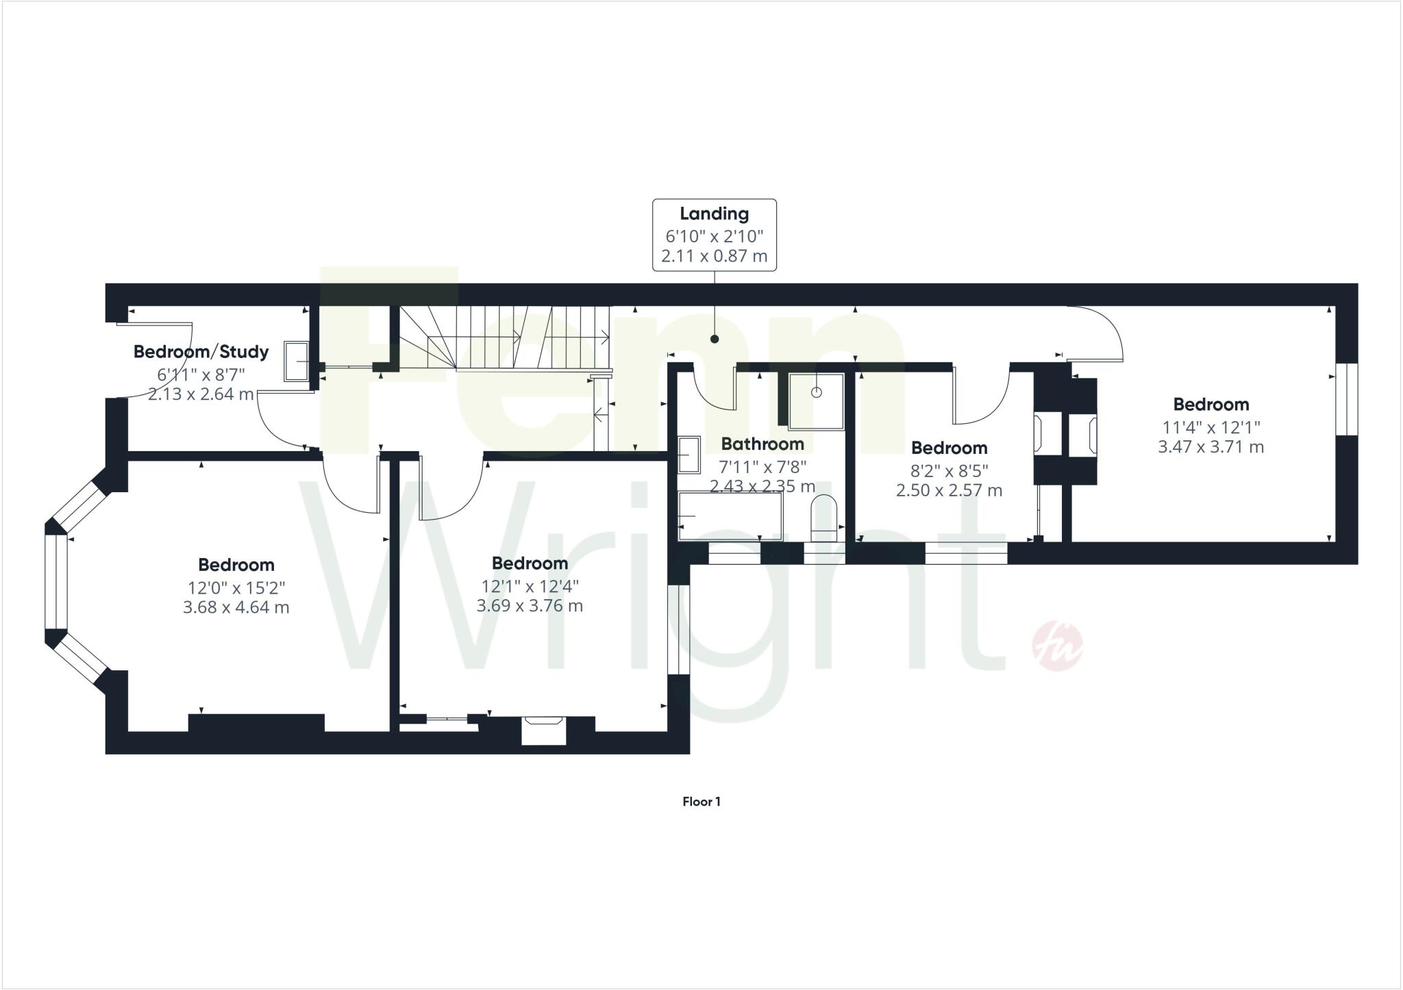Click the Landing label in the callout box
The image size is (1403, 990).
click(714, 214)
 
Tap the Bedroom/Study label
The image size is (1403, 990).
click(201, 352)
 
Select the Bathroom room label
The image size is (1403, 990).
click(762, 444)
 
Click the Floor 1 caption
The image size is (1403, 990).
click(701, 802)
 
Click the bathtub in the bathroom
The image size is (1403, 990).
click(730, 516)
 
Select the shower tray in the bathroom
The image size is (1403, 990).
click(816, 401)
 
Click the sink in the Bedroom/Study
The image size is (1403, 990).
click(296, 361)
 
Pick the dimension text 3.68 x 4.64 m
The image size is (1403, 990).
click(236, 607)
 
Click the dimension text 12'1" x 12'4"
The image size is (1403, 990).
click(530, 586)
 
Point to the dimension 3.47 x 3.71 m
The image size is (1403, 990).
click(1210, 447)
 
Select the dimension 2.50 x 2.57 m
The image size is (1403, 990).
click(949, 490)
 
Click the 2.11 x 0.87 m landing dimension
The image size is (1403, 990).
click(714, 257)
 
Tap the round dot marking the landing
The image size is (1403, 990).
click(715, 339)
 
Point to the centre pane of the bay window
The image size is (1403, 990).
click(55, 582)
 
